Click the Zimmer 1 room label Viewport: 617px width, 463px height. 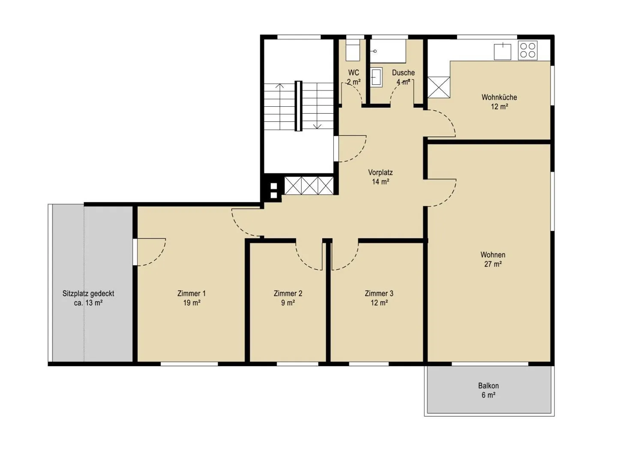(x=192, y=298)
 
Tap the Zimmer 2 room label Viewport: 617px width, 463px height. (x=288, y=298)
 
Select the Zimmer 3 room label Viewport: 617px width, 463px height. (x=379, y=298)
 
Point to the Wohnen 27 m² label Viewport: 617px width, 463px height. (x=493, y=259)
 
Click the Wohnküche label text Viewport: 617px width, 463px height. (x=499, y=97)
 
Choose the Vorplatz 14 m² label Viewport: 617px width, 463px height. (x=380, y=177)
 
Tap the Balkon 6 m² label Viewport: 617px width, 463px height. (x=488, y=390)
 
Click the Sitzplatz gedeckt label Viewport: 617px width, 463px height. (x=88, y=294)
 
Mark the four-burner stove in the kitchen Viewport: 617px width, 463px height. (x=527, y=50)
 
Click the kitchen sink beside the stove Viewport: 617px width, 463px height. (x=502, y=51)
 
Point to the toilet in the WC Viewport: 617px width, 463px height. (x=353, y=50)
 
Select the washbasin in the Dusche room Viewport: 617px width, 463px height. (x=376, y=77)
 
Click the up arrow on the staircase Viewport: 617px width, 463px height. (x=279, y=107)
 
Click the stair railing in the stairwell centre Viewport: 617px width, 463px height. (x=298, y=106)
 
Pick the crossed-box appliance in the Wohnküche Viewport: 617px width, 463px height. (x=438, y=87)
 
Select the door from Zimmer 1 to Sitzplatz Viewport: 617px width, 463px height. (x=149, y=252)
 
